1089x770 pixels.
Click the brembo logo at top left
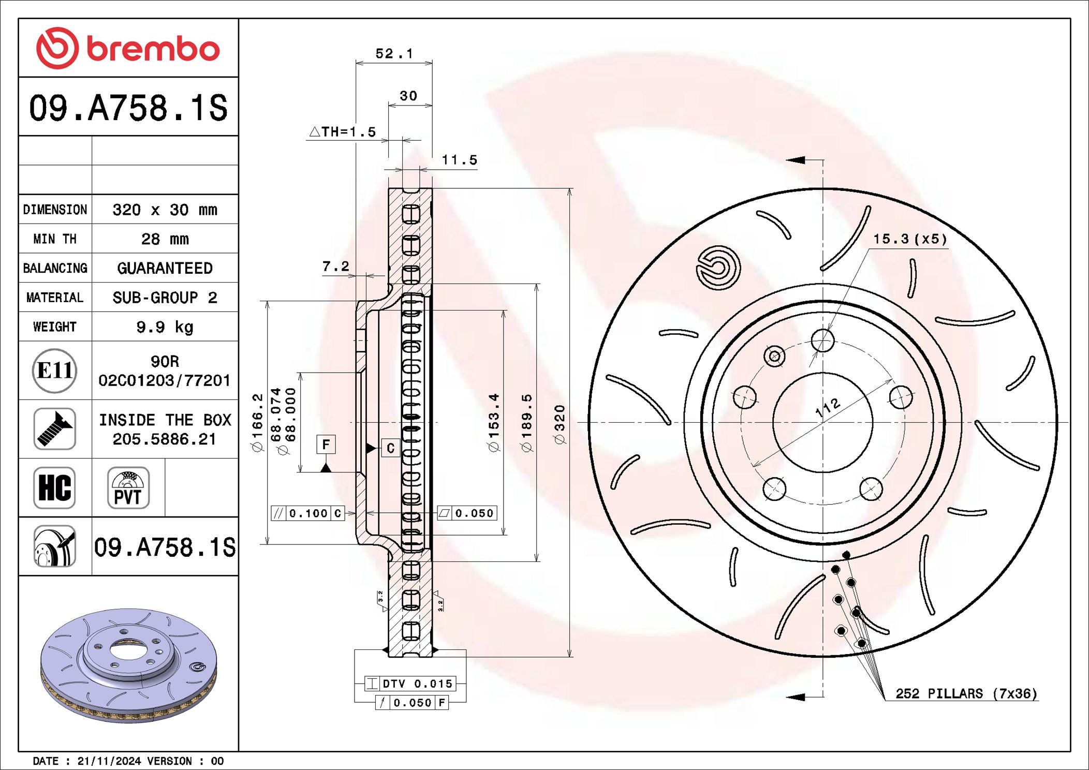click(x=128, y=49)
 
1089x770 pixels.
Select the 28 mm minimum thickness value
click(x=165, y=239)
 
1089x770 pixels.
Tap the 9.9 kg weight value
click(x=165, y=327)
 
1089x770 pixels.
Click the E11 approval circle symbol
click(x=55, y=371)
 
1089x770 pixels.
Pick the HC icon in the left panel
click(x=55, y=488)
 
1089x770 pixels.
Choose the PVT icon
click(x=128, y=488)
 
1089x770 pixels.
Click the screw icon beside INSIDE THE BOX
click(x=55, y=429)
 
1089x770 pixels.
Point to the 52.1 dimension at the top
click(x=394, y=54)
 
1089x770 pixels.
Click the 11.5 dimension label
click(x=459, y=160)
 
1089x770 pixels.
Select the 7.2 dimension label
click(x=335, y=266)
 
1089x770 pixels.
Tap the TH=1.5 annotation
click(x=343, y=132)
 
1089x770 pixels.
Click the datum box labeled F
click(x=326, y=445)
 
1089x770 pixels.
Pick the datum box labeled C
click(x=391, y=448)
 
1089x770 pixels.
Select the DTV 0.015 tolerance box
click(x=410, y=684)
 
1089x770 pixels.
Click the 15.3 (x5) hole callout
click(x=910, y=239)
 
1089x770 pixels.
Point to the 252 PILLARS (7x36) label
click(x=966, y=693)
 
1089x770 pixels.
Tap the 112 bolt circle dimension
click(x=828, y=407)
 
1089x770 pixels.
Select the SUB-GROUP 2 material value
click(x=165, y=298)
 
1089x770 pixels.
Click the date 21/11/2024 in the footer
click(x=109, y=761)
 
